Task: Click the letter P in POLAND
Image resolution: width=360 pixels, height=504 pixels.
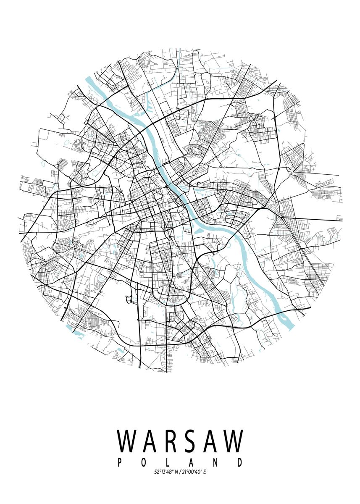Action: click(x=119, y=462)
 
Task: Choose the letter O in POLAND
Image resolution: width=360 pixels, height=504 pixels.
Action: click(x=142, y=462)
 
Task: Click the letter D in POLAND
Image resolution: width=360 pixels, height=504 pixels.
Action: click(x=240, y=462)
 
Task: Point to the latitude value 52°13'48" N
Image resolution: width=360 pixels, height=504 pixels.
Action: click(x=166, y=472)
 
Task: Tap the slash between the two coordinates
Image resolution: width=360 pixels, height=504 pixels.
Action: click(x=179, y=472)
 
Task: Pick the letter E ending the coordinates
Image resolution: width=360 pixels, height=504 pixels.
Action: click(x=205, y=472)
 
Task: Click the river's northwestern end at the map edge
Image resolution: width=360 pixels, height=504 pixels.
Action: click(x=89, y=80)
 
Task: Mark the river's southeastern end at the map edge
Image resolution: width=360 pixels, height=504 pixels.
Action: click(x=290, y=325)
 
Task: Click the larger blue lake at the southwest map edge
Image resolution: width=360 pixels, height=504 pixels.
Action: click(x=77, y=334)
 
